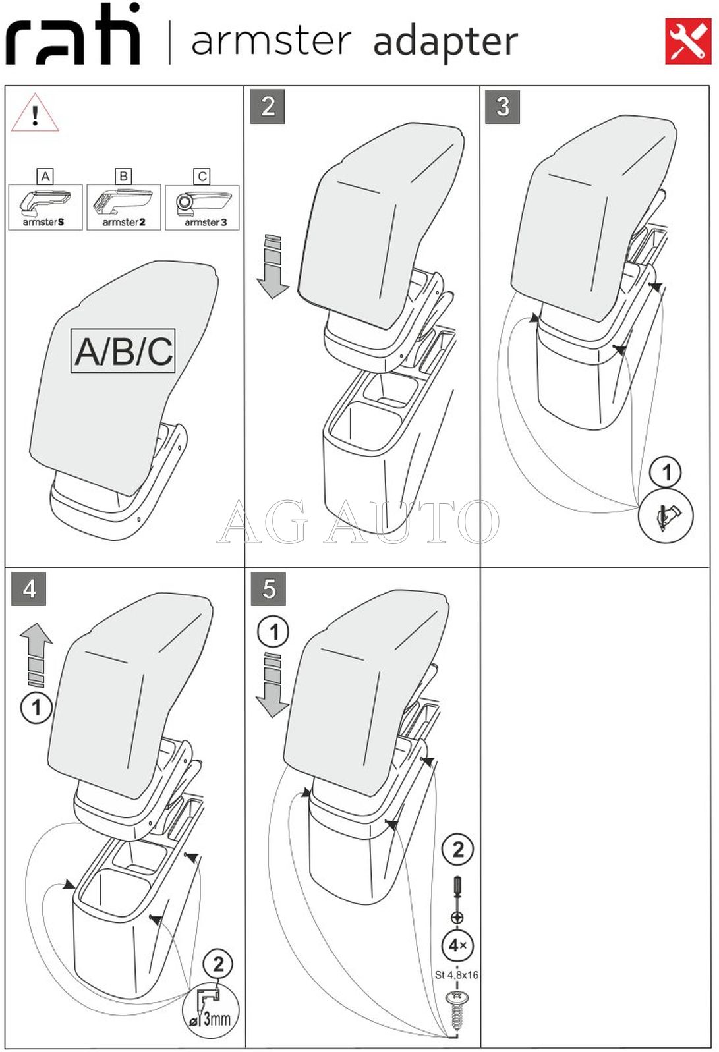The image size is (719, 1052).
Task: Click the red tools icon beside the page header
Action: tap(687, 41)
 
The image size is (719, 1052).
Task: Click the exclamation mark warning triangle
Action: tap(35, 113)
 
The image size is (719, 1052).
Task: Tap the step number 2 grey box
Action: tap(268, 107)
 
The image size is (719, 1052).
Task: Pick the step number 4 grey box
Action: tap(28, 588)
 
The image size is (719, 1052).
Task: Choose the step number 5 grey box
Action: tap(268, 588)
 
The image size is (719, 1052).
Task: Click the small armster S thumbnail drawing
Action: tap(45, 207)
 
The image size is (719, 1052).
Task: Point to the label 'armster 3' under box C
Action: tap(206, 222)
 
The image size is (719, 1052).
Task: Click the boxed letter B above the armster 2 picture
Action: tap(124, 176)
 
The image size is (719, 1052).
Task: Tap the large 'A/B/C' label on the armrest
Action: tap(123, 351)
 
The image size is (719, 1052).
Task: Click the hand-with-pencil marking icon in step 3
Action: tap(666, 516)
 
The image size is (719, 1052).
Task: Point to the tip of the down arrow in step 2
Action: tap(272, 298)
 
